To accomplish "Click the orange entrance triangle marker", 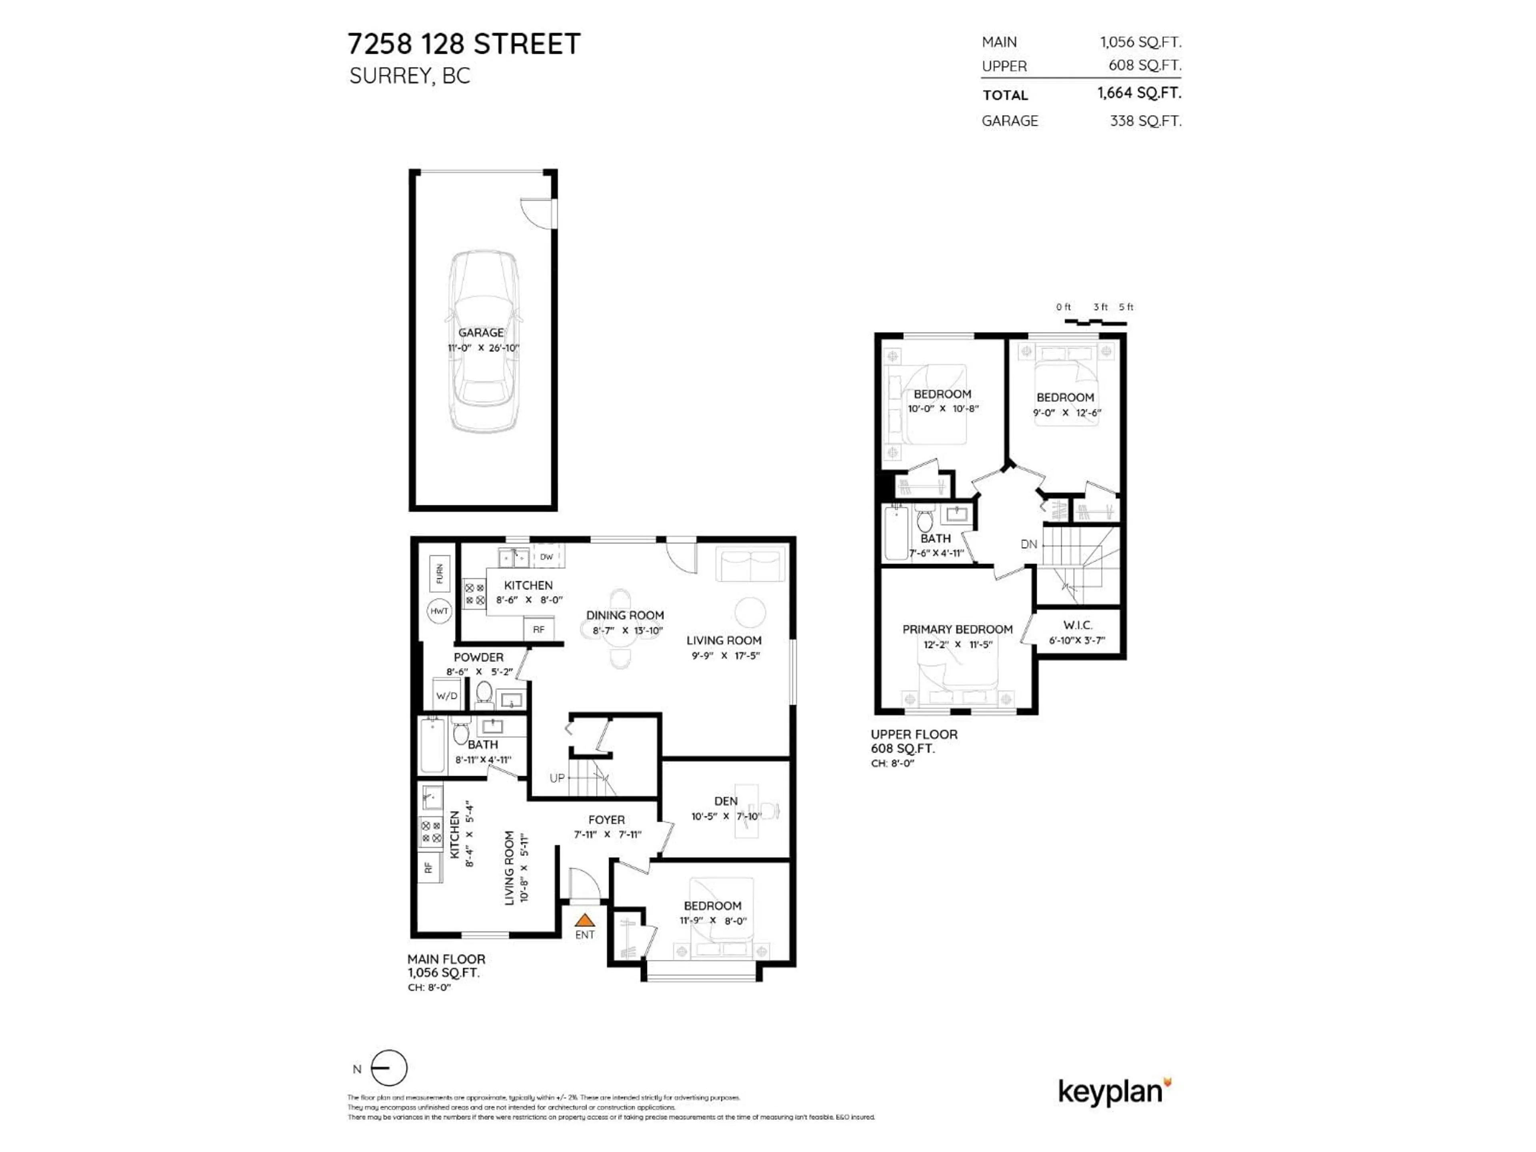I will click(585, 920).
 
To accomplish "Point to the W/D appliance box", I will click(446, 696).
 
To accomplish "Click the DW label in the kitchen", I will click(546, 556).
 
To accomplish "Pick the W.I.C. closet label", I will click(1077, 625).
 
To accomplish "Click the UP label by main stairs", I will click(557, 778).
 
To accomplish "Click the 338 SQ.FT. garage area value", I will click(1145, 121).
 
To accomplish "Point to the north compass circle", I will click(389, 1068).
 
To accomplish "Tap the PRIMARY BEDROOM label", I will click(957, 629).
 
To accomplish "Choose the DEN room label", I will click(726, 801).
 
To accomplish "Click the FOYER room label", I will click(606, 819).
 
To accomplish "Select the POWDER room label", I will click(478, 657).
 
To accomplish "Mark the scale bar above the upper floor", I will click(1096, 322).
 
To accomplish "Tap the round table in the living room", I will click(750, 612).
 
